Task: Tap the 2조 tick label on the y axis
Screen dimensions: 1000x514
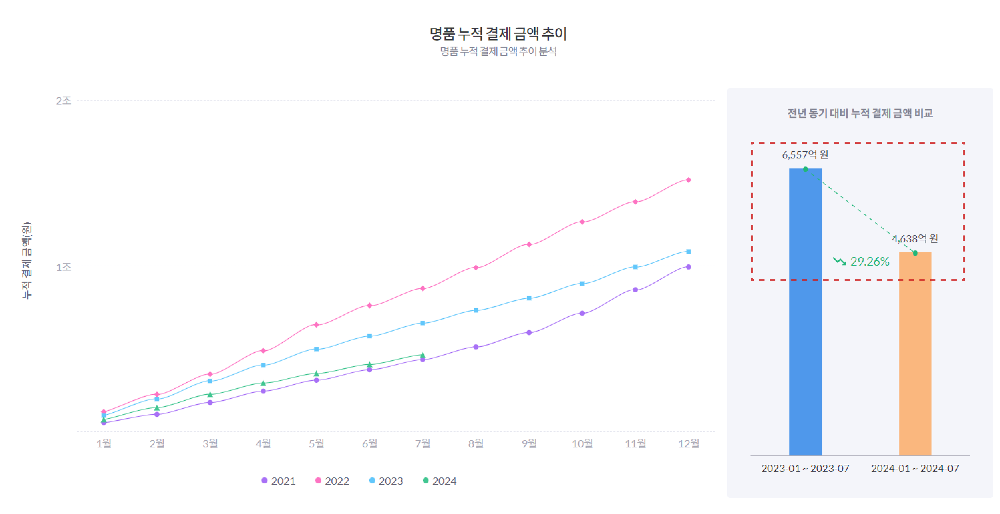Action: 64,101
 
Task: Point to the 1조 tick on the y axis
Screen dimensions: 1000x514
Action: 64,267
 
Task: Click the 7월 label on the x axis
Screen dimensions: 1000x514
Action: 423,443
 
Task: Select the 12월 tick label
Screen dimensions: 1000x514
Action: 689,443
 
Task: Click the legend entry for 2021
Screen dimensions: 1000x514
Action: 278,481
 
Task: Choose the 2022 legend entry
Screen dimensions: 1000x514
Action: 332,481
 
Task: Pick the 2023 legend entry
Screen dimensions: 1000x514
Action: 386,481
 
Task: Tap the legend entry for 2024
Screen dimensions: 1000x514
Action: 439,481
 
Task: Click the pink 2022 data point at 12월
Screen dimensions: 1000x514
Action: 689,180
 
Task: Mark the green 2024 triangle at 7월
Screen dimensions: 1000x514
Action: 423,355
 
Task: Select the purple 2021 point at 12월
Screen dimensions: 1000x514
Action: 689,267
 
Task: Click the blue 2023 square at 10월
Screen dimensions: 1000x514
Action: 582,284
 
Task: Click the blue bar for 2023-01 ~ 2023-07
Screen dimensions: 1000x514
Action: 805,312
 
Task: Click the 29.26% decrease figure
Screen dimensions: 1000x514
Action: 870,261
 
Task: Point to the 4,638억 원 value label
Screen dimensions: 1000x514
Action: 915,239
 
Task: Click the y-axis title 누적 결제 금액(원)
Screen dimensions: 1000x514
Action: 26,261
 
